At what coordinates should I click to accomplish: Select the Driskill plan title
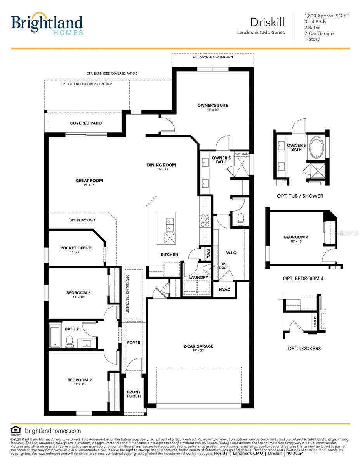tap(267, 21)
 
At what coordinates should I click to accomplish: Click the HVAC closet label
tap(224, 290)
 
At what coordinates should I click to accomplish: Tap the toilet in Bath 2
tap(70, 341)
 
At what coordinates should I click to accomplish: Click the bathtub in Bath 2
tap(55, 336)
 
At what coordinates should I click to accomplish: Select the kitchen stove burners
tap(205, 220)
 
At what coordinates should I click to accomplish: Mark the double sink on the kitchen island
tap(170, 223)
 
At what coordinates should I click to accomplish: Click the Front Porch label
tap(134, 394)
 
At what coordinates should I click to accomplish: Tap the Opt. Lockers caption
tap(304, 348)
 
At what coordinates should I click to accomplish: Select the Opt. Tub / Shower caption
tap(300, 196)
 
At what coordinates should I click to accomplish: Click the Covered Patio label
tap(86, 123)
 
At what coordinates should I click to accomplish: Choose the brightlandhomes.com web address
tap(52, 431)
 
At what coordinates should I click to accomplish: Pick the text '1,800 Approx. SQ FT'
tap(327, 16)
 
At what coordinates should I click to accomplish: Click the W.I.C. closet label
tap(231, 253)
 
